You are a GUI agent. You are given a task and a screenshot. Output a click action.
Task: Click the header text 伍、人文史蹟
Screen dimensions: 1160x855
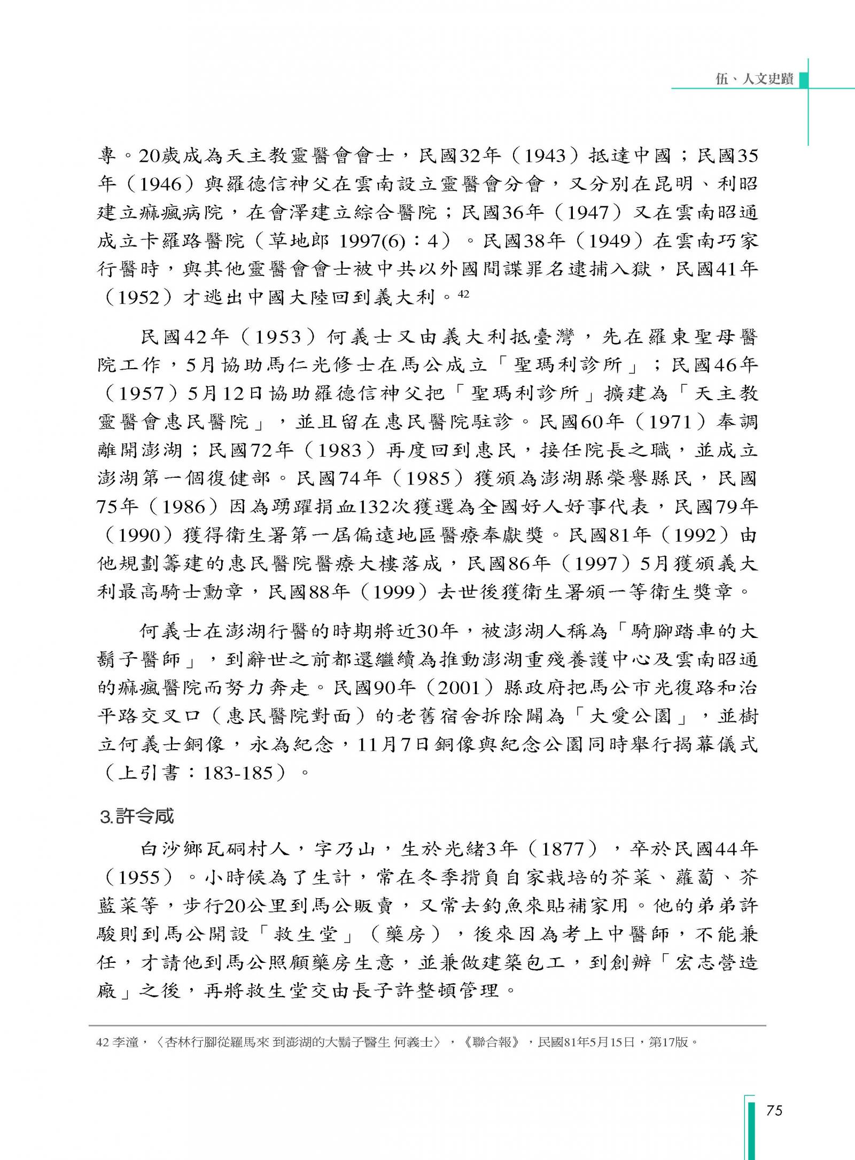[x=755, y=79]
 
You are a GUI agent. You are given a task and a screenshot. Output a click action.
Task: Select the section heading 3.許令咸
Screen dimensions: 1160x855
[x=137, y=816]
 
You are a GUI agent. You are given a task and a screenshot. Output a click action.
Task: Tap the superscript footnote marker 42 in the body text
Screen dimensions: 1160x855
[x=463, y=293]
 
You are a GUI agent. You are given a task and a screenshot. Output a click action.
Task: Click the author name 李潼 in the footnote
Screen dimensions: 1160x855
[x=126, y=1042]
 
